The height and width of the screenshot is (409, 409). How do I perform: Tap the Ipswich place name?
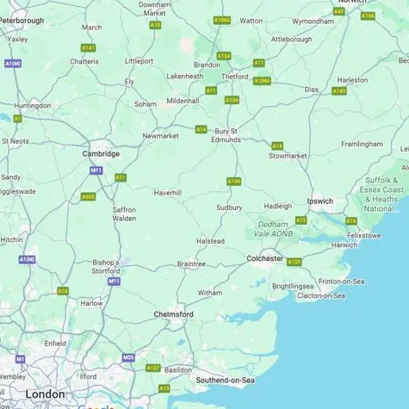[x=320, y=201]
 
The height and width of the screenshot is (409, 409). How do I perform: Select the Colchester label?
[x=264, y=258]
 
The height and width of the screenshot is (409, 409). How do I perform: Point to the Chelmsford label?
[x=173, y=314]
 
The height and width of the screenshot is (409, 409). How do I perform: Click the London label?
[x=45, y=394]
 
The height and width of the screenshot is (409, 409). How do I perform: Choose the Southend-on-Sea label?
[x=226, y=380]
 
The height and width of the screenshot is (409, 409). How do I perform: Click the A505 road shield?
[x=88, y=196]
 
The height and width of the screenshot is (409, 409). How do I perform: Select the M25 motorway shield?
[x=128, y=357]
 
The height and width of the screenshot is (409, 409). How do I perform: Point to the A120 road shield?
[x=294, y=262]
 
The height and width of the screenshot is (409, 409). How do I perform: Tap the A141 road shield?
[x=88, y=47]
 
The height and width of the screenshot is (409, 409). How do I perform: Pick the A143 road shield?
[x=339, y=90]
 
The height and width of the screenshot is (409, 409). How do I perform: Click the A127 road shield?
[x=153, y=368]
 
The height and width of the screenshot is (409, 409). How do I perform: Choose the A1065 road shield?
[x=221, y=20]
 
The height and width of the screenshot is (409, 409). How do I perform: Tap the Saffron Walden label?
[x=124, y=214]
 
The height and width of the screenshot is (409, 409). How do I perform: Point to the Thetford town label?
[x=235, y=76]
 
